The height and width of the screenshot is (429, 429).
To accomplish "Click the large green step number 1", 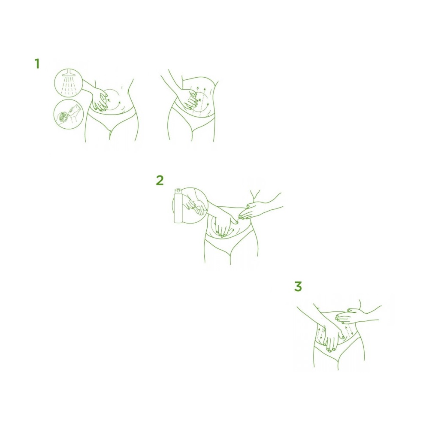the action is pyautogui.click(x=37, y=63).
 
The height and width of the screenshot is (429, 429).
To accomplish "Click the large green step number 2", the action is pyautogui.click(x=160, y=180).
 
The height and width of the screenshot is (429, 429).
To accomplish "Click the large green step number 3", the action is pyautogui.click(x=298, y=287).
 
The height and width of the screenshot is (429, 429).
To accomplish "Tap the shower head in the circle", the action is pyautogui.click(x=68, y=73).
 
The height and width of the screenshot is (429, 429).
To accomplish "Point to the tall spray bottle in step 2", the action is pyautogui.click(x=178, y=205).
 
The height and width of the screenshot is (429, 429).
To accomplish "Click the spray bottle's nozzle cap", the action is pyautogui.click(x=178, y=190).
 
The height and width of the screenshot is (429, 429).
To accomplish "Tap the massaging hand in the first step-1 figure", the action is pyautogui.click(x=99, y=100).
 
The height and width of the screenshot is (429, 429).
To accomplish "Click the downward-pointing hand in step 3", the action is pyautogui.click(x=332, y=338).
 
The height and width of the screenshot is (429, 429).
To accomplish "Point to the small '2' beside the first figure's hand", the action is pyautogui.click(x=109, y=100).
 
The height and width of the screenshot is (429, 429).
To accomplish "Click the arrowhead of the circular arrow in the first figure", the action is pyautogui.click(x=119, y=103).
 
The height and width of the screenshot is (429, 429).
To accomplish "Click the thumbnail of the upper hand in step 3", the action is pyautogui.click(x=349, y=310).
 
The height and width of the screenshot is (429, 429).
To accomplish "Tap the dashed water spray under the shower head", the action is pyautogui.click(x=68, y=85).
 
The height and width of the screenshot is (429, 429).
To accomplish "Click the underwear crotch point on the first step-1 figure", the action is pyautogui.click(x=110, y=131).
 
